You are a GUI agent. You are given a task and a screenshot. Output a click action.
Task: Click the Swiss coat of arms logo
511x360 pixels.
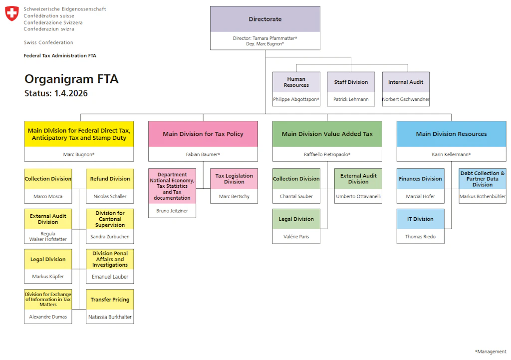click(12, 13)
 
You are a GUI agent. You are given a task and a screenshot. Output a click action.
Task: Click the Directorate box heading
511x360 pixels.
click(265, 19)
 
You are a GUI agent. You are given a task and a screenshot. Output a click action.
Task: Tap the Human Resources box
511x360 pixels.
click(296, 82)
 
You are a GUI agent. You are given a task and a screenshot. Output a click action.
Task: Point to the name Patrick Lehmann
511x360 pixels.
click(351, 99)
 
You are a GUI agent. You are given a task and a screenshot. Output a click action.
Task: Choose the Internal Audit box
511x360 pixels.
click(406, 82)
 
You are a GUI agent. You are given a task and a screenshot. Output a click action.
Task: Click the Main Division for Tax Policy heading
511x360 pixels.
click(203, 134)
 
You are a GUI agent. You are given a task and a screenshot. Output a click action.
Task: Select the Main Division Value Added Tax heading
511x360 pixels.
click(327, 134)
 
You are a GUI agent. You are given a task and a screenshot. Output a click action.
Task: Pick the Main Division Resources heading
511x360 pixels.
click(451, 134)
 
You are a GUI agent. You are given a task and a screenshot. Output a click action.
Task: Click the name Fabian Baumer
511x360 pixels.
click(202, 155)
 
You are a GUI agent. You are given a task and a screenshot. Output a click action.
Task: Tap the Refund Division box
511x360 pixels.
click(110, 179)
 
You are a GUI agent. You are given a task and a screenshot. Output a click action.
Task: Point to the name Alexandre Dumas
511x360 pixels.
click(48, 317)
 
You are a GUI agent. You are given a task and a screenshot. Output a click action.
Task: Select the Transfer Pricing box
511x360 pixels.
click(110, 300)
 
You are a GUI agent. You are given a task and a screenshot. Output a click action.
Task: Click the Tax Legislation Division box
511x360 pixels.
click(234, 179)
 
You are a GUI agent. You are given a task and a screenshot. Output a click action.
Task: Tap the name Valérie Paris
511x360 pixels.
click(296, 237)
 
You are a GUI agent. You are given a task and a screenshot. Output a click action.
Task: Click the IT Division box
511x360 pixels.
click(420, 219)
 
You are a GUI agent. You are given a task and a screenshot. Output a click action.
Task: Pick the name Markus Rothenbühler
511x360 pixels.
click(483, 197)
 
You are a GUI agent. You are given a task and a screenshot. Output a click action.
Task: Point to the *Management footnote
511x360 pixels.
click(491, 352)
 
